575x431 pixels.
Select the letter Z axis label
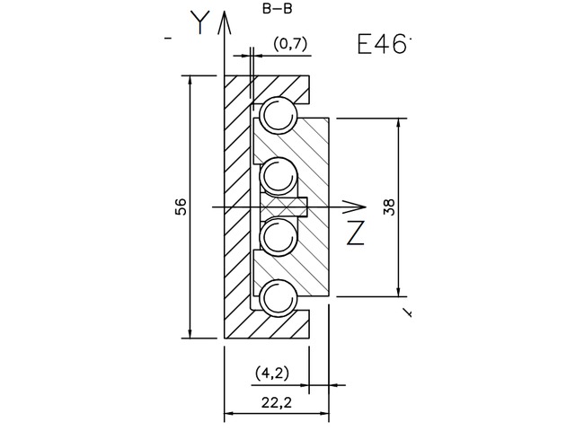coord(355,233)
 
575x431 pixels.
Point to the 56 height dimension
coord(181,207)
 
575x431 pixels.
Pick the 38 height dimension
coord(388,207)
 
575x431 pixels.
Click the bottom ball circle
coord(278,296)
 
